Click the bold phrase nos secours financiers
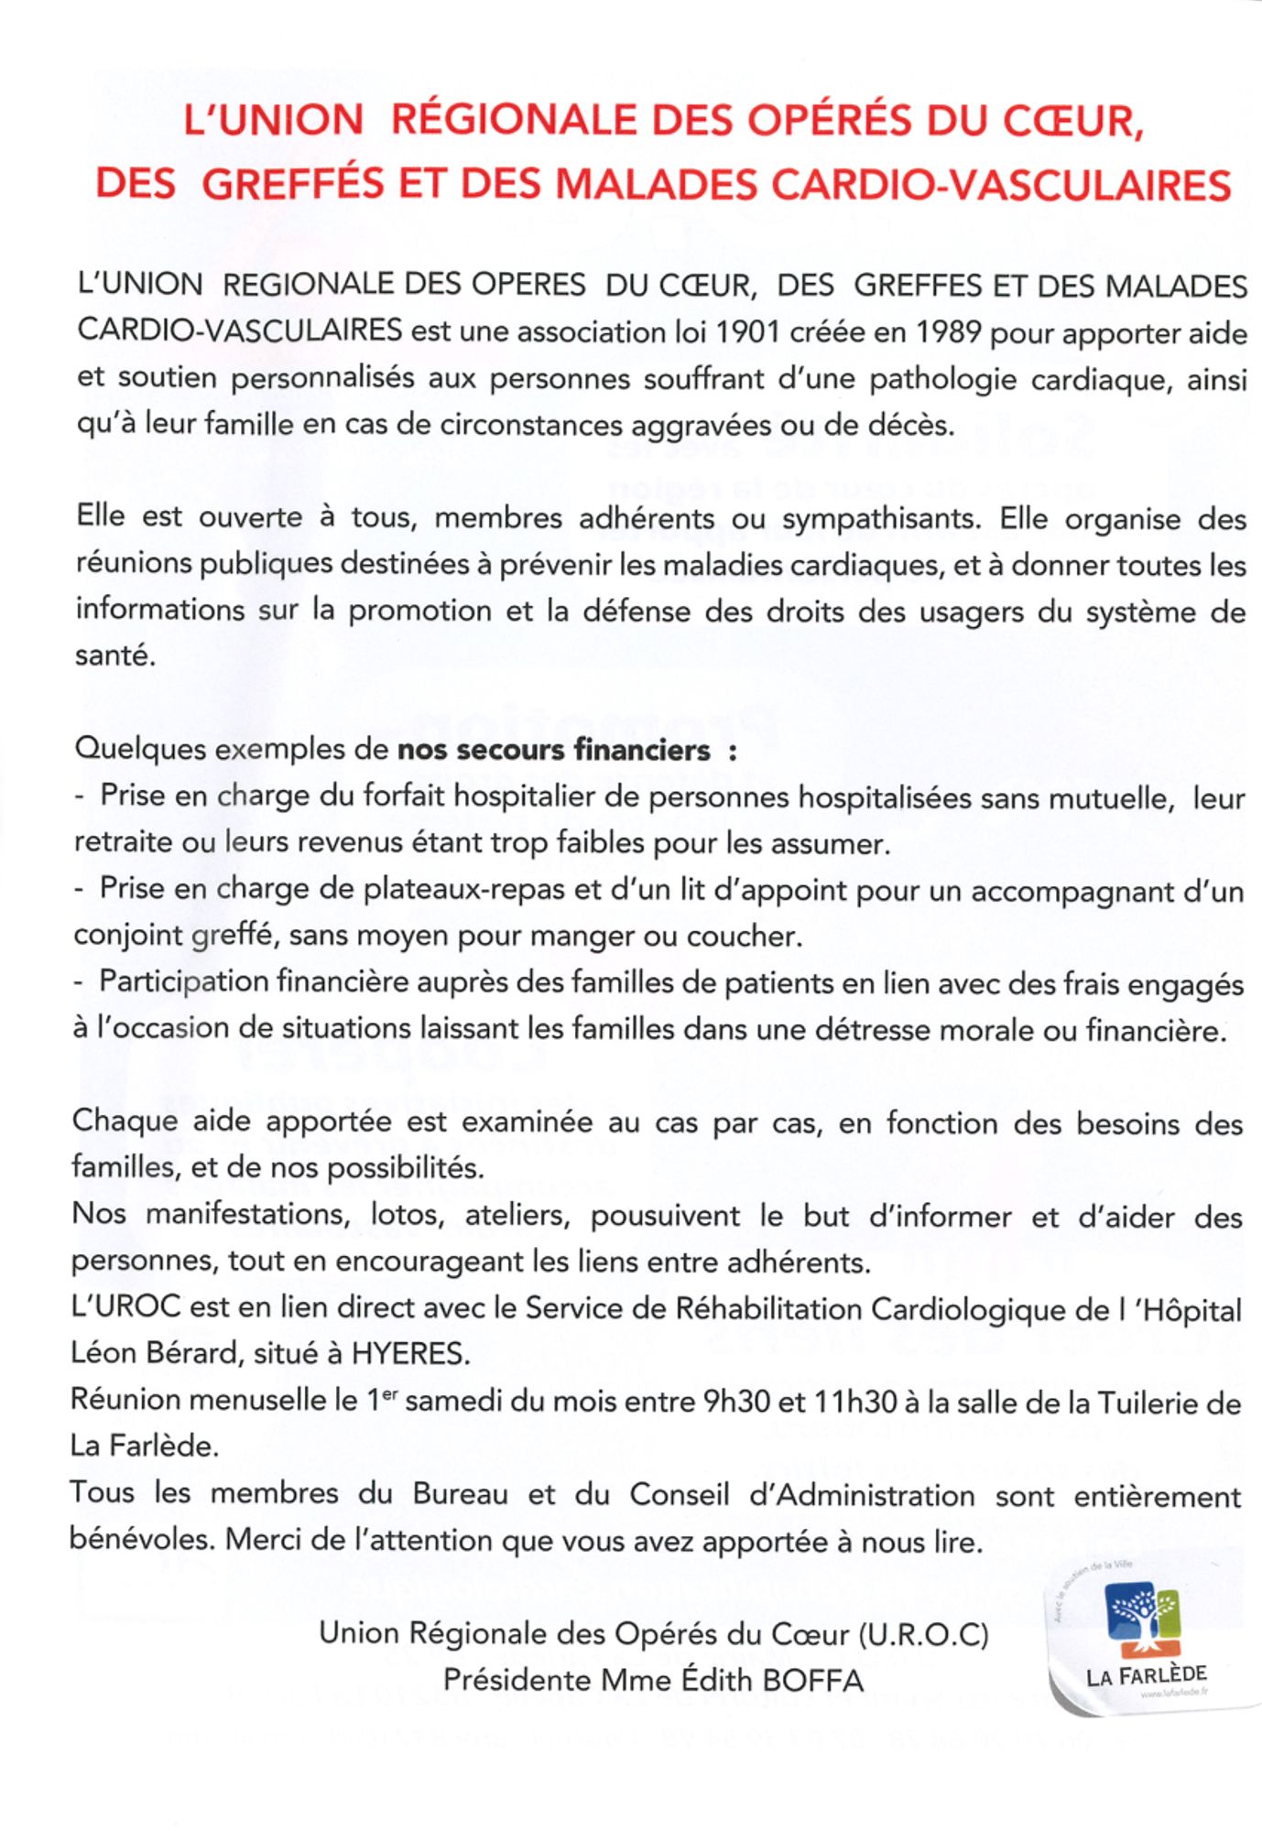pyautogui.click(x=553, y=751)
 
